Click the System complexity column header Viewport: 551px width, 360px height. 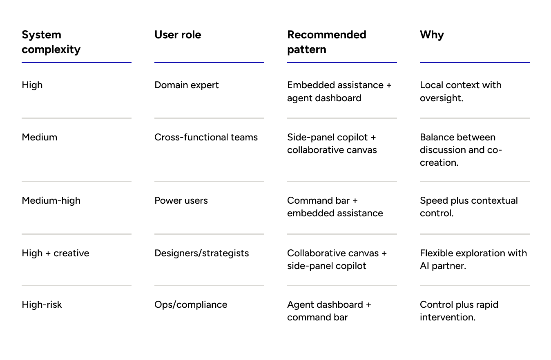[51, 42]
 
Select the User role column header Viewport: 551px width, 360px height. [178, 35]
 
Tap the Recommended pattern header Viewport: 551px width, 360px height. [326, 42]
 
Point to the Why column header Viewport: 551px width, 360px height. [432, 35]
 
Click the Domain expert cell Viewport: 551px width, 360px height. [186, 85]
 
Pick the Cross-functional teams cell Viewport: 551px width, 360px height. [206, 137]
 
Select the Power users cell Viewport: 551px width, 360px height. [181, 200]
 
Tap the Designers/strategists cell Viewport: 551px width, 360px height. [201, 253]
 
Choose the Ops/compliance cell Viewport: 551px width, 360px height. [191, 304]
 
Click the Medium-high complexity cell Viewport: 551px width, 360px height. [51, 200]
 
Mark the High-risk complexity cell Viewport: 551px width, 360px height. [42, 304]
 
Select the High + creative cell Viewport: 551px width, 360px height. [55, 253]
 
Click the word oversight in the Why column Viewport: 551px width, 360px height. [441, 98]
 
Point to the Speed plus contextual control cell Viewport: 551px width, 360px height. [468, 207]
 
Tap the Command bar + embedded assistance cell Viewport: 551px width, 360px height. [335, 207]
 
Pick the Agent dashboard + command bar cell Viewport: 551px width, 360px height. [329, 311]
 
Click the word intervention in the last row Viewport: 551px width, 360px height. [447, 317]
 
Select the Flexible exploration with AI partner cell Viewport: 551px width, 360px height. [473, 259]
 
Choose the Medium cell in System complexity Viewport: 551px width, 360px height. [39, 137]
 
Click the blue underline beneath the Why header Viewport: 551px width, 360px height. [475, 62]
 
